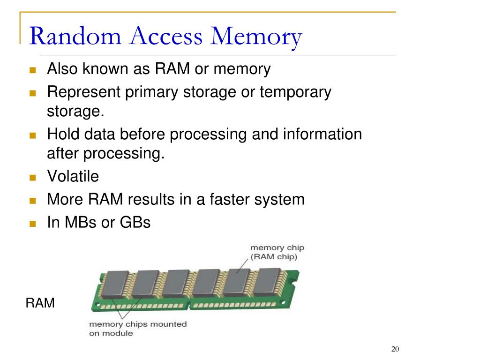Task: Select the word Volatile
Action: click(73, 177)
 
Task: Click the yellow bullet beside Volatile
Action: click(32, 178)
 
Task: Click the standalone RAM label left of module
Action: click(40, 303)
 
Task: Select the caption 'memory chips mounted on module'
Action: click(138, 329)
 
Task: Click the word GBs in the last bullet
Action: click(136, 222)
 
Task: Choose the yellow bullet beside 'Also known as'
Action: click(32, 71)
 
